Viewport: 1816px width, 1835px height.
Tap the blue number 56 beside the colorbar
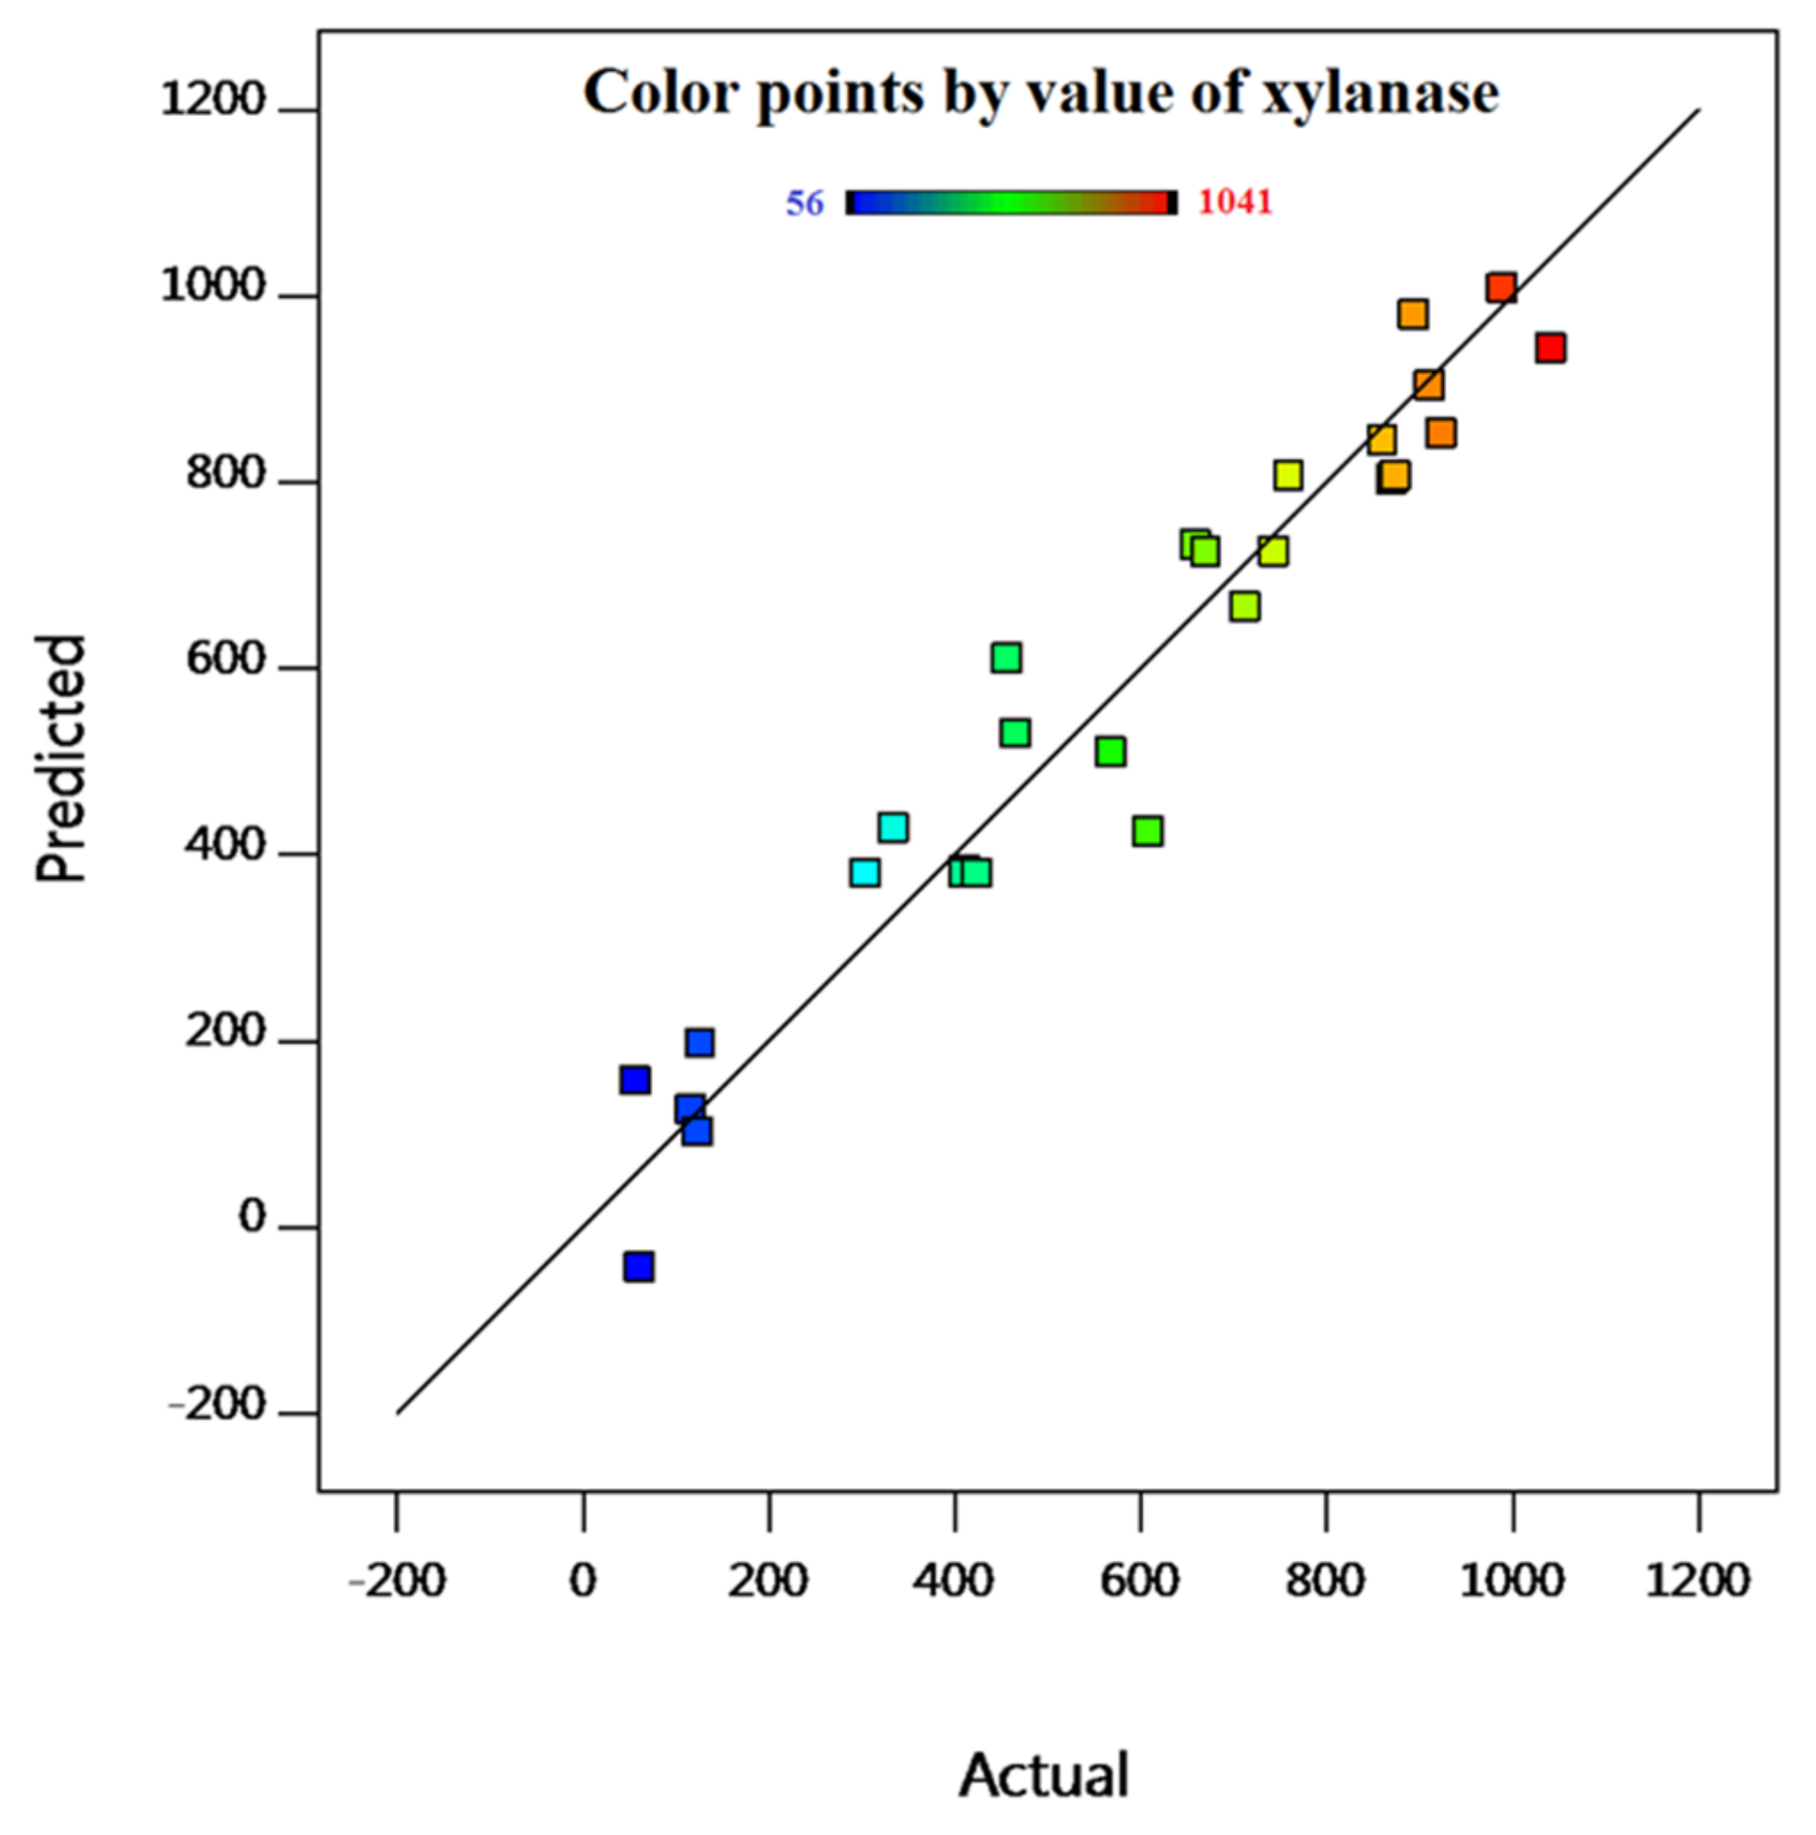tap(804, 203)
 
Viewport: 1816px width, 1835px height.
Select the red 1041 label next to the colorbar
tap(1234, 203)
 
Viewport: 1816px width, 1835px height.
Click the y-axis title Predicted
tap(61, 758)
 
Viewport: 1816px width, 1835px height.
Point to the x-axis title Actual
tap(1044, 1774)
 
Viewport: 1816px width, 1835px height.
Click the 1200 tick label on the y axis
tap(213, 100)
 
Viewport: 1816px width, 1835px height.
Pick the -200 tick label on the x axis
tap(397, 1581)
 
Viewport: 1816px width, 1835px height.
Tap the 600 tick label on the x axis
tap(1140, 1581)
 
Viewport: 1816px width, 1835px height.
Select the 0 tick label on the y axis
tap(251, 1217)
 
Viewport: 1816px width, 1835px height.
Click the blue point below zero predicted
tap(640, 1266)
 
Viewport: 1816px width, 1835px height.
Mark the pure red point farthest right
tap(1550, 348)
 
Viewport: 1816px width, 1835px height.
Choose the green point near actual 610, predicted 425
tap(1148, 831)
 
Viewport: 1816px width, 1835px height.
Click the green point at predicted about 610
tap(1007, 658)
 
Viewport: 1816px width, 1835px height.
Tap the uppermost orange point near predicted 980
tap(1413, 314)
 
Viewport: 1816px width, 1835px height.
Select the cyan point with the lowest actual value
tap(866, 872)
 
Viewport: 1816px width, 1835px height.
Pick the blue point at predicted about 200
tap(700, 1042)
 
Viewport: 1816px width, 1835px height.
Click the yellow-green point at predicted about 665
tap(1245, 606)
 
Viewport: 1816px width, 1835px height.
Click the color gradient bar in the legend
tap(1011, 203)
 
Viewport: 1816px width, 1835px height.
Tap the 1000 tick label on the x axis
tap(1511, 1581)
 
